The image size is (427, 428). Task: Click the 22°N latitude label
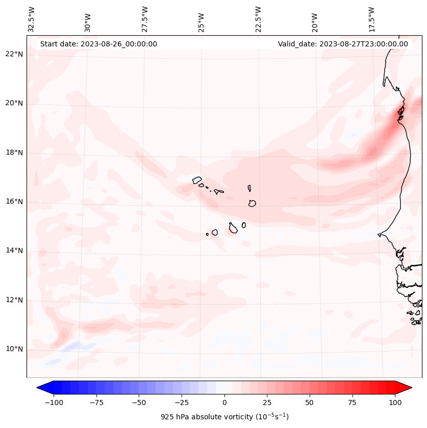(15, 55)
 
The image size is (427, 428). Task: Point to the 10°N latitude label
(15, 349)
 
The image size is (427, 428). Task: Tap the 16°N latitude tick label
(15, 202)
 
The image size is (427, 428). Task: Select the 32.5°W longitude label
(32, 19)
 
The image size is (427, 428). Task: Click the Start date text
(98, 44)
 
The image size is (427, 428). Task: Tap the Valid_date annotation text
(343, 44)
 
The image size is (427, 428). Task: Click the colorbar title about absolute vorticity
(224, 417)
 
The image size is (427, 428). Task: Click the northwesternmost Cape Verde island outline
(197, 180)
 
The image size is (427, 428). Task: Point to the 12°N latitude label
(15, 300)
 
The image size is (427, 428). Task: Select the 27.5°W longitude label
(145, 19)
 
